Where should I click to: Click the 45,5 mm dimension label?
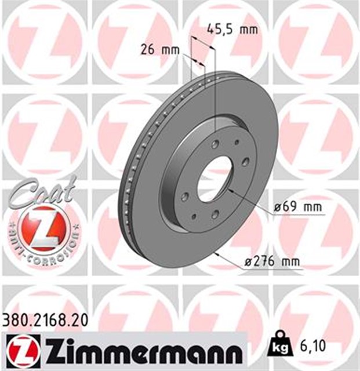pos(232,28)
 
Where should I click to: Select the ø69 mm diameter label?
pos(297,206)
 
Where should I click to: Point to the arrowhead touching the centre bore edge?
pos(230,188)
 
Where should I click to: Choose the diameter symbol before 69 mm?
pos(277,206)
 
